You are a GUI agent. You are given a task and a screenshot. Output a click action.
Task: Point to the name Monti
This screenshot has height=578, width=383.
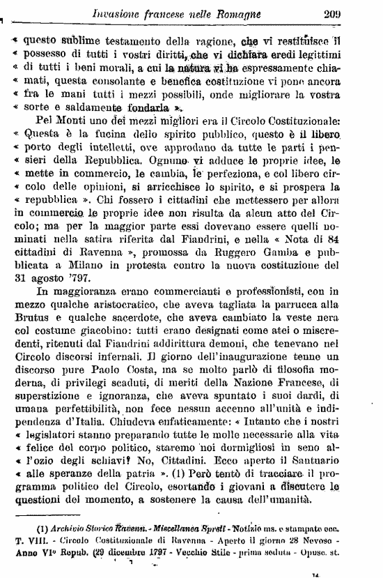pos(63,122)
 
